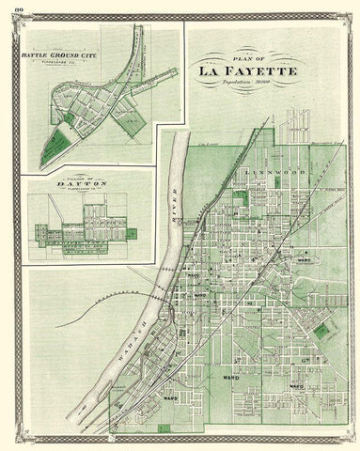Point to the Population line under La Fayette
click(259, 82)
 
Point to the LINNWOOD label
click(266, 175)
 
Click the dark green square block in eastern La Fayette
click(326, 331)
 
